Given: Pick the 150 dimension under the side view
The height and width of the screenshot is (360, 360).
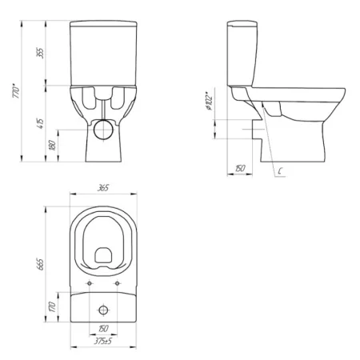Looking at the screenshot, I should click(x=240, y=169).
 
